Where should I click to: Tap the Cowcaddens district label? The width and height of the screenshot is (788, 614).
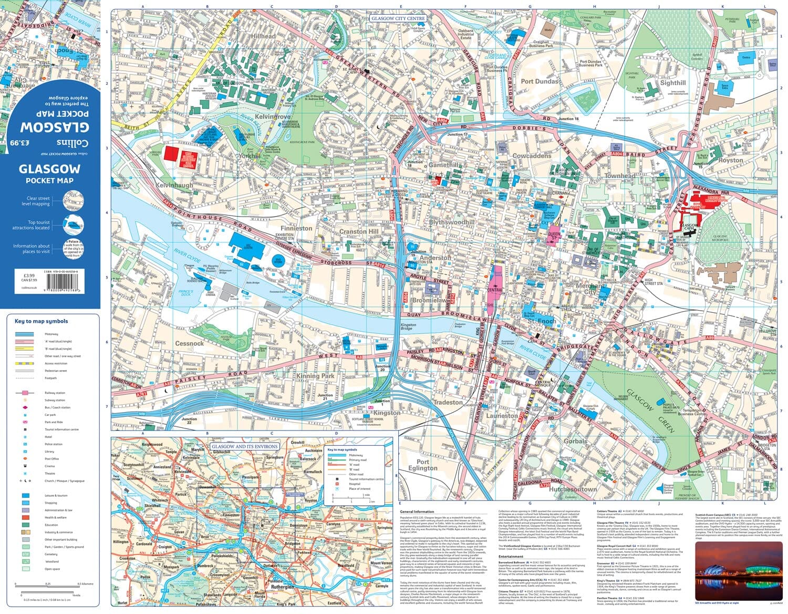click(x=532, y=156)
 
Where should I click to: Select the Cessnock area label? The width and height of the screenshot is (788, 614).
click(x=189, y=343)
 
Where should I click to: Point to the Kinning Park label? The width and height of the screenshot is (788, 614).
click(x=315, y=376)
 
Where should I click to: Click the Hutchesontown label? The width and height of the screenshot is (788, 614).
click(x=573, y=489)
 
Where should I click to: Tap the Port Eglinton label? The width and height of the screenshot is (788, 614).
click(x=422, y=465)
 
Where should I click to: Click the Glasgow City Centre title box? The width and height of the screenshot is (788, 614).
click(x=398, y=18)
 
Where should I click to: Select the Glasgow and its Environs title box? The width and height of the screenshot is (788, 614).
click(x=244, y=446)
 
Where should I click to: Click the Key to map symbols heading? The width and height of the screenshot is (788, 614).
click(x=41, y=321)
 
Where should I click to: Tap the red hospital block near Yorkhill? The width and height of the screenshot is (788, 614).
click(x=179, y=156)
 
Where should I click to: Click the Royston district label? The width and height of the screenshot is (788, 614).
click(x=731, y=160)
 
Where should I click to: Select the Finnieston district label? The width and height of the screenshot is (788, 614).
click(x=296, y=228)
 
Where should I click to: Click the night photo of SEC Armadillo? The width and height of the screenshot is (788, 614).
click(x=738, y=571)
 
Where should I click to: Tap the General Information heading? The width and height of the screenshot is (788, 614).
click(x=417, y=511)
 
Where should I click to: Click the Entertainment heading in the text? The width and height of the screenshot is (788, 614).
click(x=511, y=556)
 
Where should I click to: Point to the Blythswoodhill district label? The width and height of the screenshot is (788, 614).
click(x=452, y=222)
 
